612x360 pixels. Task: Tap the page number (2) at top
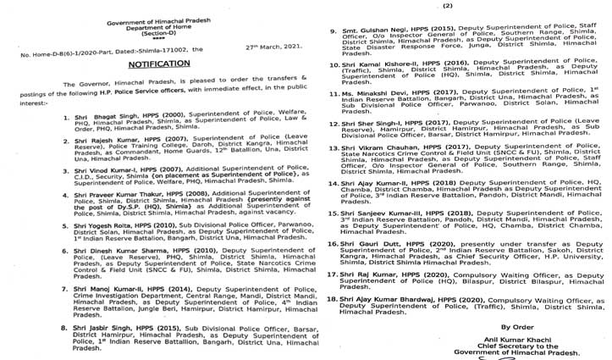[471, 6]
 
